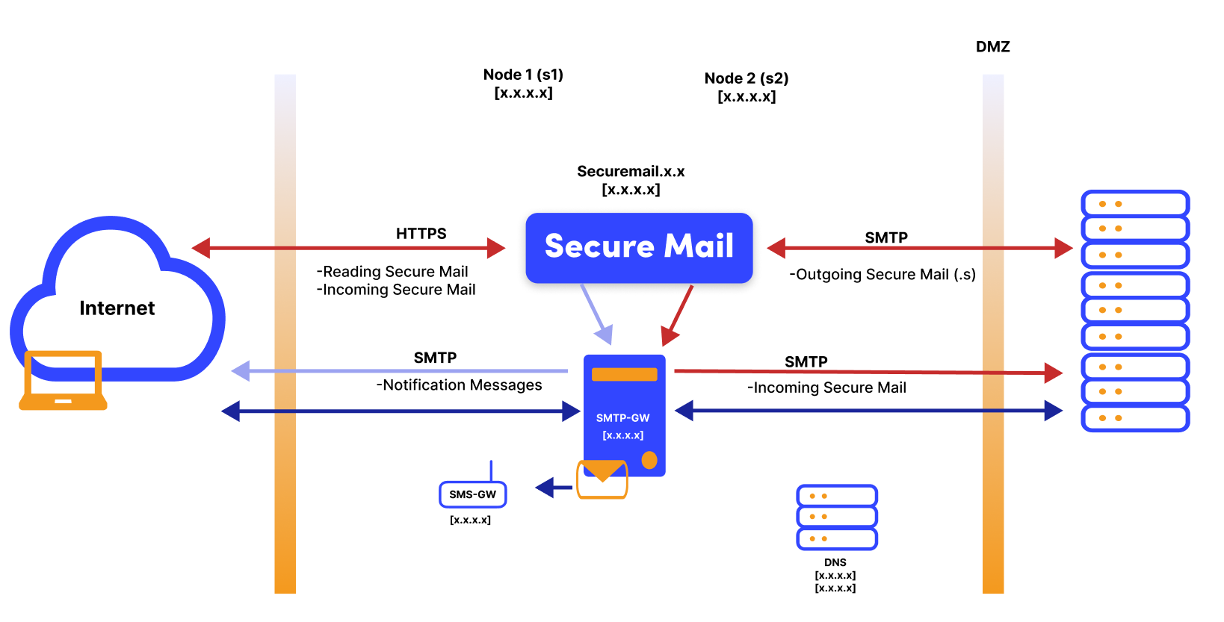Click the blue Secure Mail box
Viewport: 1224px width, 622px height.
[x=639, y=247]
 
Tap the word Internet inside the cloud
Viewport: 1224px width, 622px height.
[x=117, y=308]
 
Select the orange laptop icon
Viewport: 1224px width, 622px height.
[x=63, y=381]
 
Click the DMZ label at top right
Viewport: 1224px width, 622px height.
[x=992, y=47]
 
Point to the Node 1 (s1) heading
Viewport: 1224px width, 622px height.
[x=523, y=75]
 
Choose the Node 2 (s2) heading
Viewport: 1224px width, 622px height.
[x=746, y=78]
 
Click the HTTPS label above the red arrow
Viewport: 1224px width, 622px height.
[x=421, y=234]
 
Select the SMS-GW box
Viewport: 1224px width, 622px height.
[x=472, y=494]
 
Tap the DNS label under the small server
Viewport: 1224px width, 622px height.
[x=835, y=562]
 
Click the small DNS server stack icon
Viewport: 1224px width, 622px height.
[x=837, y=517]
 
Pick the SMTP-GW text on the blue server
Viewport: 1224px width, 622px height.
[x=622, y=418]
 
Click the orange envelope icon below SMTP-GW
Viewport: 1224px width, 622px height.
[x=602, y=479]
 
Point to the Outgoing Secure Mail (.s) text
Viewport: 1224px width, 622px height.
[x=882, y=275]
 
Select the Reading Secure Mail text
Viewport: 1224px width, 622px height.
[x=392, y=272]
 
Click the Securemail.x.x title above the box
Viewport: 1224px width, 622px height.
[x=631, y=172]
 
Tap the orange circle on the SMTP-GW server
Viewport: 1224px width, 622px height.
[x=649, y=460]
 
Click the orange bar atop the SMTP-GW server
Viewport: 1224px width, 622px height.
[x=624, y=374]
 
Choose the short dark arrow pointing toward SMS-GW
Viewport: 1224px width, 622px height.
[x=553, y=488]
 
